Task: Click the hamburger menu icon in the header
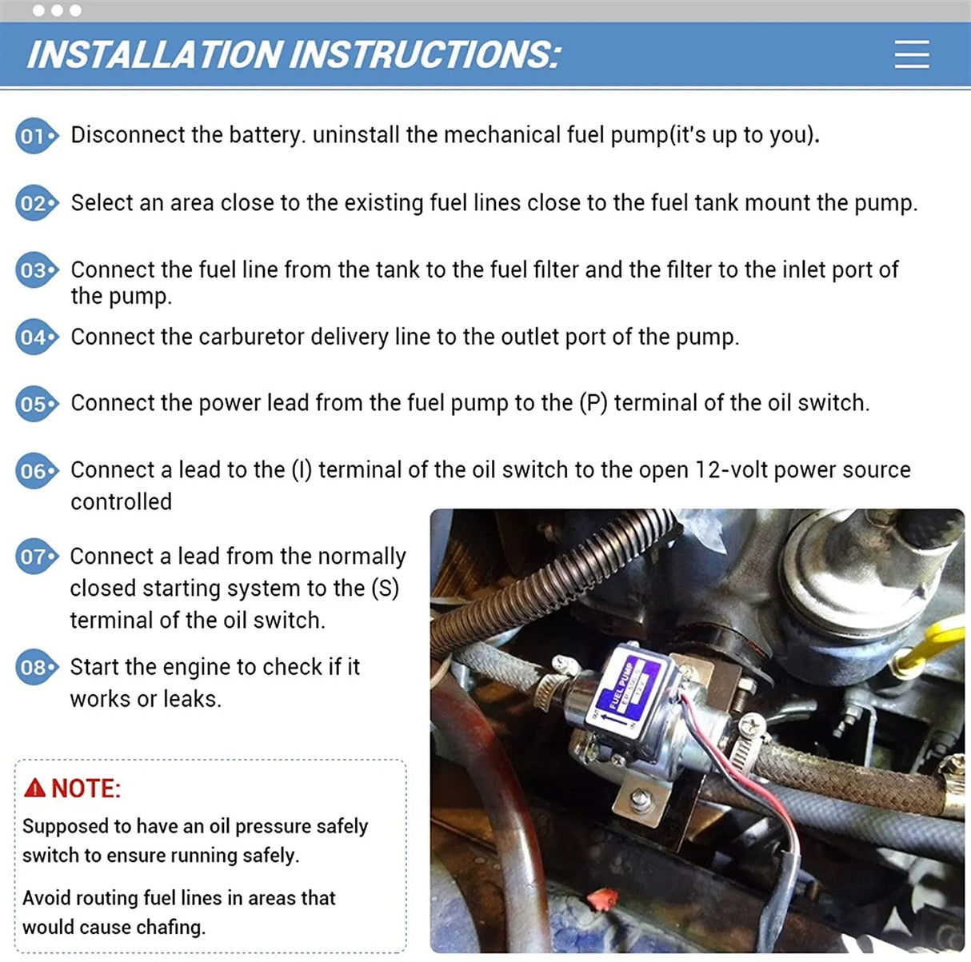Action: point(911,54)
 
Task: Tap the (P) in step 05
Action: point(593,402)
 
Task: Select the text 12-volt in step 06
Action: point(730,469)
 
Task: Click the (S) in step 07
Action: point(385,589)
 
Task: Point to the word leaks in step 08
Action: point(191,699)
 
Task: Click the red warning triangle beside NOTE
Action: point(34,788)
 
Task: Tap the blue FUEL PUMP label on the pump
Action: point(621,685)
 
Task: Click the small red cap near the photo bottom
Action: point(597,901)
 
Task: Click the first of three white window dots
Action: point(39,10)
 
